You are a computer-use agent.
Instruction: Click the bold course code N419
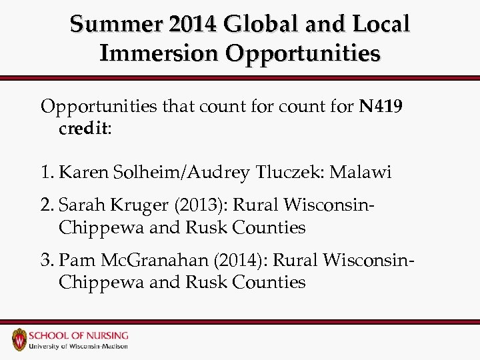(x=381, y=106)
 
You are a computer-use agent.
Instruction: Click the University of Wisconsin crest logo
(x=19, y=339)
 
